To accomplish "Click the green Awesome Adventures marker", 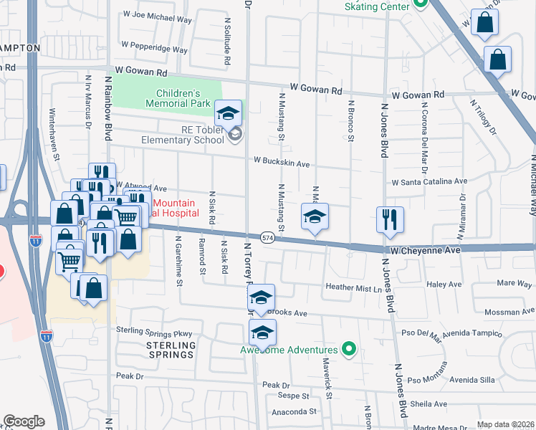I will pos(349,349).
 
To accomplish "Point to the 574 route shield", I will pos(267,237).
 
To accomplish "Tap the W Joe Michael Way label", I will pos(157,14).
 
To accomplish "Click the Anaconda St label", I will pos(294,412).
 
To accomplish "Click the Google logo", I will pos(24,421).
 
